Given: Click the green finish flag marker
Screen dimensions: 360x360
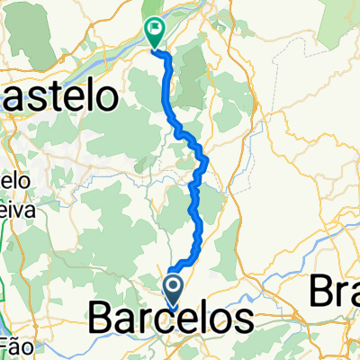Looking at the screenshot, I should pos(155,33).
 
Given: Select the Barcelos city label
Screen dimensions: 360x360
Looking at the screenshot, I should pos(171,319).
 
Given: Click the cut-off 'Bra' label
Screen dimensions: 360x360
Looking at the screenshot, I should pos(335,292).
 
